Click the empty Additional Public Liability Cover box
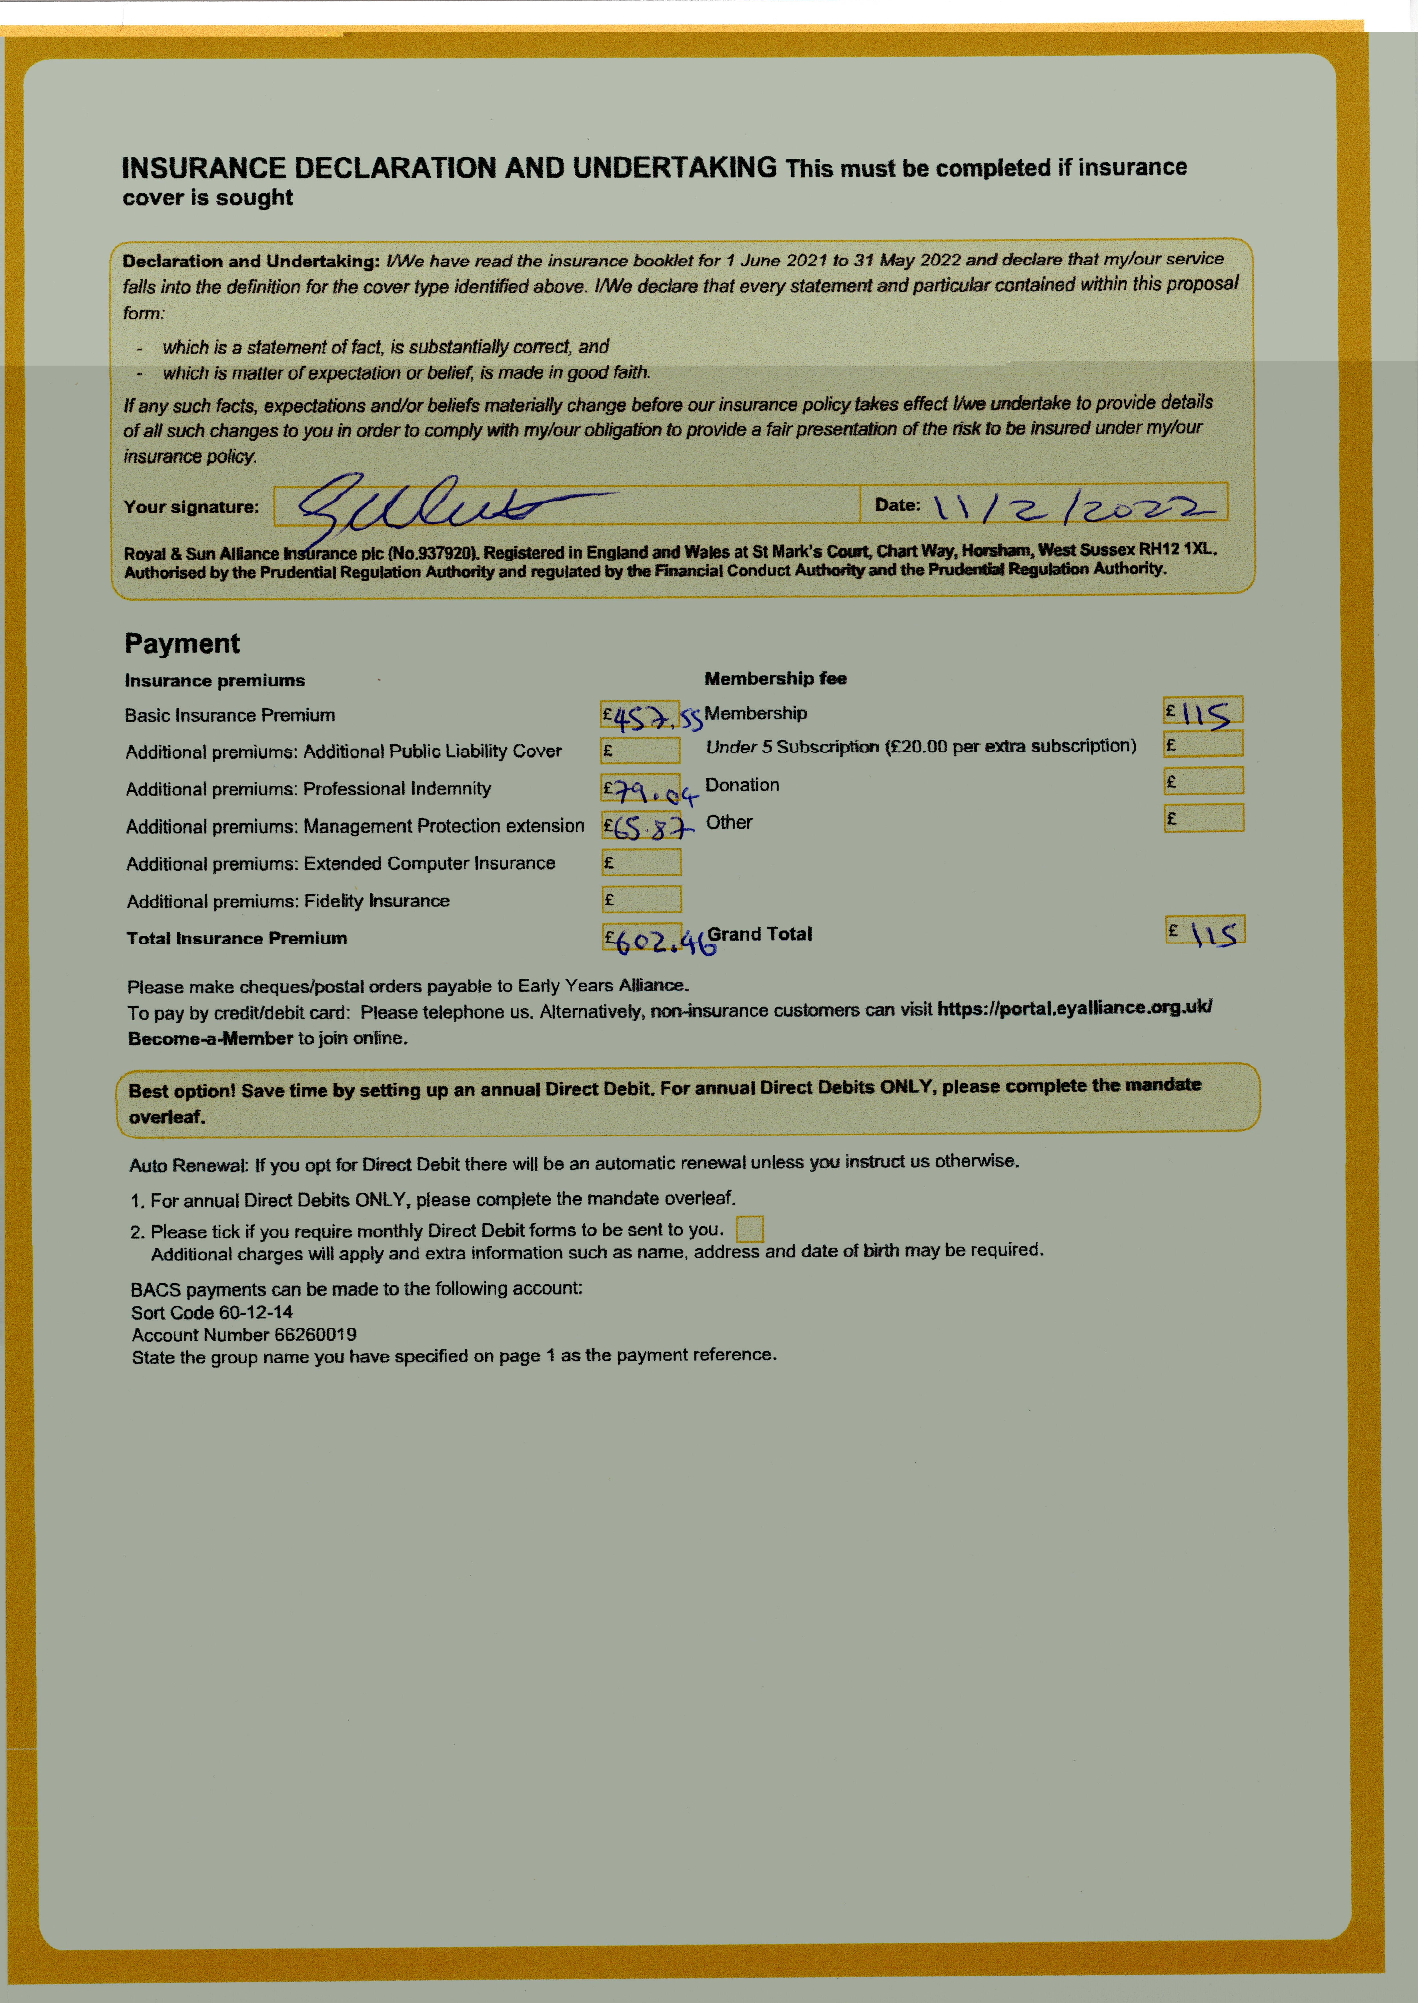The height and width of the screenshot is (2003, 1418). tap(641, 751)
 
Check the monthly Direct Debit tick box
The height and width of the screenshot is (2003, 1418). tap(749, 1229)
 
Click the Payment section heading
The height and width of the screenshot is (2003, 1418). tap(182, 643)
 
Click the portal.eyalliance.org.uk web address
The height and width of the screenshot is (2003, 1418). tap(1074, 1008)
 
